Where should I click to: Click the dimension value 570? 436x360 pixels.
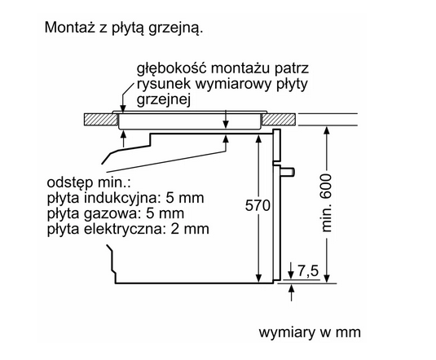258,206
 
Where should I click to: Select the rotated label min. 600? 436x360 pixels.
326,203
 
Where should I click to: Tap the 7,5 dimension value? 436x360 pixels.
308,270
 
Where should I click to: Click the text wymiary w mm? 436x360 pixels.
310,332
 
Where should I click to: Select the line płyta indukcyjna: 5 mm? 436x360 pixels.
126,198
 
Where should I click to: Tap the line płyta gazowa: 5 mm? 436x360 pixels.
116,213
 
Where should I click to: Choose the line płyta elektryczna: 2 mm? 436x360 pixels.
128,230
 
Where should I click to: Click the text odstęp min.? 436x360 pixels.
89,183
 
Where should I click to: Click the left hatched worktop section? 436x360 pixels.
100,119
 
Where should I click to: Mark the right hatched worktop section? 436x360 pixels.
279,119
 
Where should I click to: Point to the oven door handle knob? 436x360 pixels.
287,173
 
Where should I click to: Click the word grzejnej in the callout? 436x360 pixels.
164,100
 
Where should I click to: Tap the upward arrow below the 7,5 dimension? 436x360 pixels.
291,292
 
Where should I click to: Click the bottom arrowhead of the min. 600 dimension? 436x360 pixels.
327,279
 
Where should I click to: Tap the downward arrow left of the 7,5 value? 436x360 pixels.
291,270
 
